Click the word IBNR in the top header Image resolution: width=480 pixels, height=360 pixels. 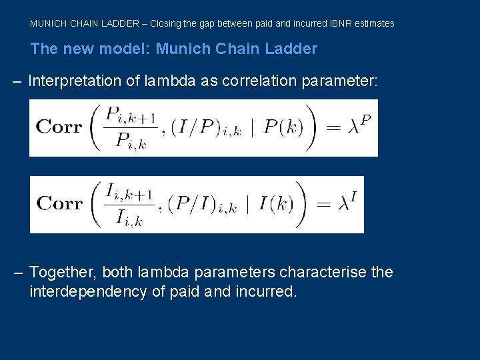[341, 23]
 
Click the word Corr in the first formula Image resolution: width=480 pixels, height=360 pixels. [59, 127]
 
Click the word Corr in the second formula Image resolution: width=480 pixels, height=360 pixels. [59, 204]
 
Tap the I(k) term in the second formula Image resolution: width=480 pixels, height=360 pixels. [275, 204]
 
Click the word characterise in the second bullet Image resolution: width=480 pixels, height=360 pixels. [325, 273]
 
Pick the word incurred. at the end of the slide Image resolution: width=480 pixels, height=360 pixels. [266, 291]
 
